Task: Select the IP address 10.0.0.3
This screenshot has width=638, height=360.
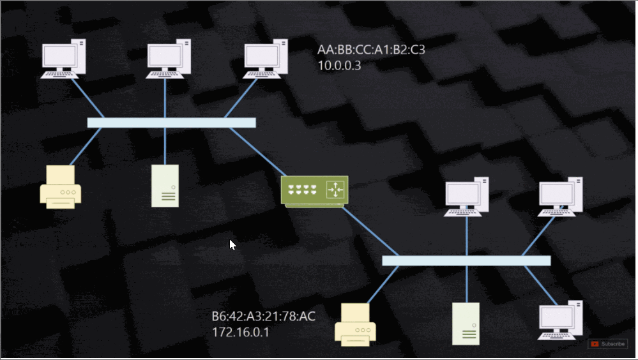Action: (339, 66)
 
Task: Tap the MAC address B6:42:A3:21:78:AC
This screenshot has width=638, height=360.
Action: (264, 317)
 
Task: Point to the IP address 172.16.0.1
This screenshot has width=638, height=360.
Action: (240, 332)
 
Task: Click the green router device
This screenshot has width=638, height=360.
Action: (315, 190)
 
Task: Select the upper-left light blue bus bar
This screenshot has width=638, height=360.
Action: (171, 123)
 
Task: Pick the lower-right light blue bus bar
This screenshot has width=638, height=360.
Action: (466, 260)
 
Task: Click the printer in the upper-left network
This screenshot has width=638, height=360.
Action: (60, 186)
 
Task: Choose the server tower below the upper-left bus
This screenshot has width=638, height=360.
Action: (165, 186)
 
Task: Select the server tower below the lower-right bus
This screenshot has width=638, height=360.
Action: (466, 324)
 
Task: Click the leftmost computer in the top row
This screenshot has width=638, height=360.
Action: (63, 59)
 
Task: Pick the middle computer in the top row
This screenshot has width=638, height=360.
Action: (169, 59)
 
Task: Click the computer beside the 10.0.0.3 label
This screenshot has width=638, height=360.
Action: (266, 59)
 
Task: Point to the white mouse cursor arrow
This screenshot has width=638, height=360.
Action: (232, 244)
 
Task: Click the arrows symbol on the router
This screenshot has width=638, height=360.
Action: (335, 190)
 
